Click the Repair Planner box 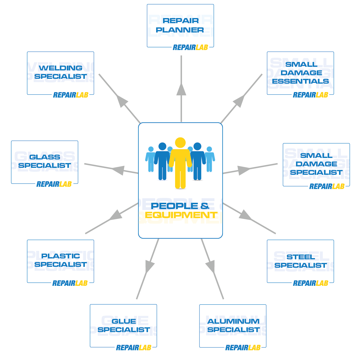click(x=180, y=26)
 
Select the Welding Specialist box click(x=60, y=73)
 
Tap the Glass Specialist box click(x=45, y=162)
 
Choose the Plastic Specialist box click(x=60, y=261)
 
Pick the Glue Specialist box click(x=123, y=326)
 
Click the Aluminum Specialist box click(x=233, y=326)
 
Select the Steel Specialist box click(x=300, y=261)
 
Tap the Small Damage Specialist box click(x=316, y=164)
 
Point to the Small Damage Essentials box click(x=300, y=73)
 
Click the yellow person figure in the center click(x=180, y=164)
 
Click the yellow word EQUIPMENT click(x=181, y=215)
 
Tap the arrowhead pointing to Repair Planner click(x=181, y=89)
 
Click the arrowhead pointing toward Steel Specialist click(x=245, y=215)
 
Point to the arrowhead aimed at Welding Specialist click(x=122, y=101)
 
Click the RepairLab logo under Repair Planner click(x=190, y=48)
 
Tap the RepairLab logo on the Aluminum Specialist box click(x=243, y=348)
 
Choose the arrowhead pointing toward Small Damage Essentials click(x=239, y=101)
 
